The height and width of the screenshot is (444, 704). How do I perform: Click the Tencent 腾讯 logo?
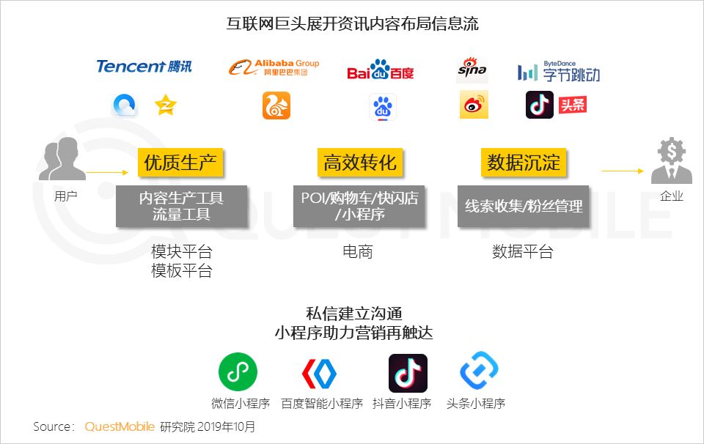point(144,67)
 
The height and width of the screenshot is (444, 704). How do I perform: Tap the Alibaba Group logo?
point(274,67)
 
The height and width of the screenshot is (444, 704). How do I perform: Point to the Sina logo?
point(472,68)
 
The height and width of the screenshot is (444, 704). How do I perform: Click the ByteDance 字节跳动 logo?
point(558,72)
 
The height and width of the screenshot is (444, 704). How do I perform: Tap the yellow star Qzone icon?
point(165,106)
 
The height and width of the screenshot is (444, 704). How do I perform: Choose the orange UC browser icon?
point(276,106)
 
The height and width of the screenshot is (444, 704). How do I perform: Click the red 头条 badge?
point(573,105)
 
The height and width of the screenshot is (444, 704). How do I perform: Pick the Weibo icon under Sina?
point(474,106)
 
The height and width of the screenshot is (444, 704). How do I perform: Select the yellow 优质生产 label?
point(180,162)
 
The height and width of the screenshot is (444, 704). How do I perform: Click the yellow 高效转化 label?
point(360,162)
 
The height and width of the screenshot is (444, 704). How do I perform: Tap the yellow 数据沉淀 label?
point(525,162)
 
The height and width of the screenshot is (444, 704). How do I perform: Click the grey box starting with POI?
point(360,206)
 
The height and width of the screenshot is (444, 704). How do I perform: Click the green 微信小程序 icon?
point(238,372)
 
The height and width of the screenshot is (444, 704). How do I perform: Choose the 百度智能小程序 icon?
point(320,373)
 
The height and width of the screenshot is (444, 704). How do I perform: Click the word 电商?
point(358,252)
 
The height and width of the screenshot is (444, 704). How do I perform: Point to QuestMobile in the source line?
point(120,426)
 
